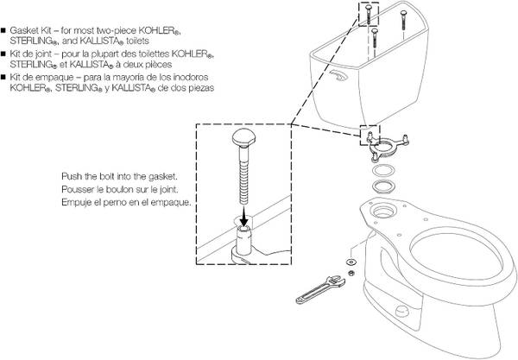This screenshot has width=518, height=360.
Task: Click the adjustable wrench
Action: click(320, 290)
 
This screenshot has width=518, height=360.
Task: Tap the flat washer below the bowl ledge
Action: click(351, 262)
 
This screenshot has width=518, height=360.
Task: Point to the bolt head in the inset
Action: click(243, 137)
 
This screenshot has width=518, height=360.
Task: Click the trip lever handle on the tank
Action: click(338, 76)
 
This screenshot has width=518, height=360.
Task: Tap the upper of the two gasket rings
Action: click(383, 171)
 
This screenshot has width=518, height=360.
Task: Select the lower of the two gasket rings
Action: click(383, 186)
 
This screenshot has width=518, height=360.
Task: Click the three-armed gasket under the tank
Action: click(387, 146)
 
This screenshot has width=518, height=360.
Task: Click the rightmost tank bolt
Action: click(403, 20)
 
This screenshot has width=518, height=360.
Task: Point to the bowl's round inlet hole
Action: click(383, 211)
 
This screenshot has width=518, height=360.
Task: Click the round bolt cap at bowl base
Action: click(402, 311)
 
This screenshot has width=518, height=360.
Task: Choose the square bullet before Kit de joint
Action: click(3, 54)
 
